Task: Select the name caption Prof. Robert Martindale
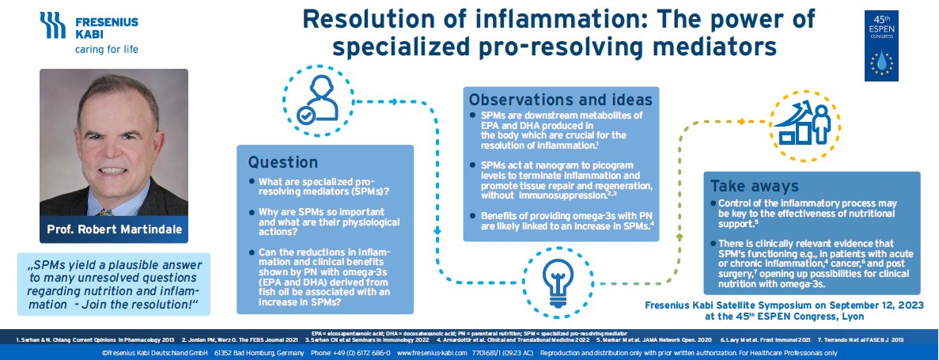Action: (x=113, y=230)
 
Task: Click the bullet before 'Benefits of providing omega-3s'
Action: (x=473, y=215)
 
